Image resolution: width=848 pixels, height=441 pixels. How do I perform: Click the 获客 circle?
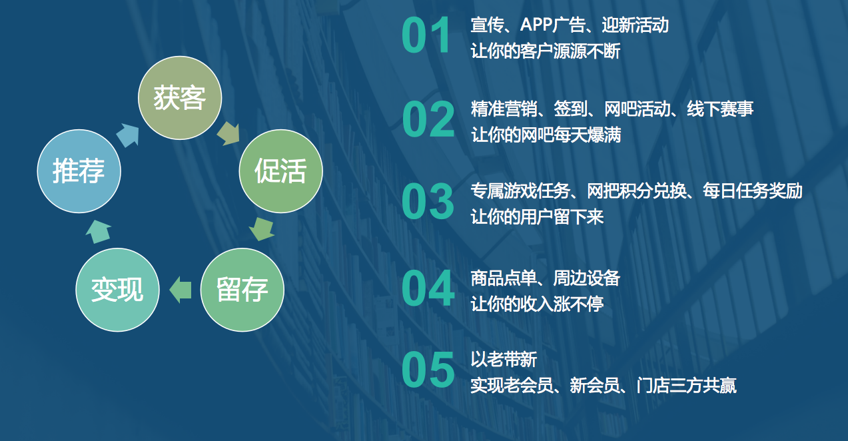click(180, 98)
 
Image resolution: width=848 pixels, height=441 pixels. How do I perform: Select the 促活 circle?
click(281, 171)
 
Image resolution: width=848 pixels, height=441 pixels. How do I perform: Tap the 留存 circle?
click(242, 290)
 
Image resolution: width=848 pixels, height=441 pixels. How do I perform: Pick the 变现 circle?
click(117, 290)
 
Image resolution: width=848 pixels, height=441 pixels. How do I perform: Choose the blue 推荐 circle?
click(79, 171)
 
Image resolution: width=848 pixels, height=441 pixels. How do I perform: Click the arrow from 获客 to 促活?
click(228, 133)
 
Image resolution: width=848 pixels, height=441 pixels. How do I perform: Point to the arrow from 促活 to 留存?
click(262, 229)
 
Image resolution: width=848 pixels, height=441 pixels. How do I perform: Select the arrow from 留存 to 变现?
click(181, 290)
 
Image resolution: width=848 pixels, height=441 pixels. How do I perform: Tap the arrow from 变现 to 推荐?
click(99, 231)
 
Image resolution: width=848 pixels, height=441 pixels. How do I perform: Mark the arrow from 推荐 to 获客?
click(128, 135)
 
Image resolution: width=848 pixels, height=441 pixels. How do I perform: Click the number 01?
click(426, 35)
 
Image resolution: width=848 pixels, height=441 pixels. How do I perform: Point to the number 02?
click(428, 119)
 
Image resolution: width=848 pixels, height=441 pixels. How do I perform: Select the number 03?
click(428, 201)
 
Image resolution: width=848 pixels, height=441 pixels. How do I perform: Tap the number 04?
click(428, 288)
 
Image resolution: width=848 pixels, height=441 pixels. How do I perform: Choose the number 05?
click(428, 370)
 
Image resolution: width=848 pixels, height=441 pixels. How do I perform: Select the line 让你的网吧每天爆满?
click(546, 135)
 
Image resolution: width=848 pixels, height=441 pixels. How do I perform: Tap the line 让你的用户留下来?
click(537, 217)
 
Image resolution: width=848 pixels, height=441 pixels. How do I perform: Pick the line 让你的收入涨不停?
click(537, 304)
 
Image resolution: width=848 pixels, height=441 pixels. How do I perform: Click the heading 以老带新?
click(504, 359)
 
